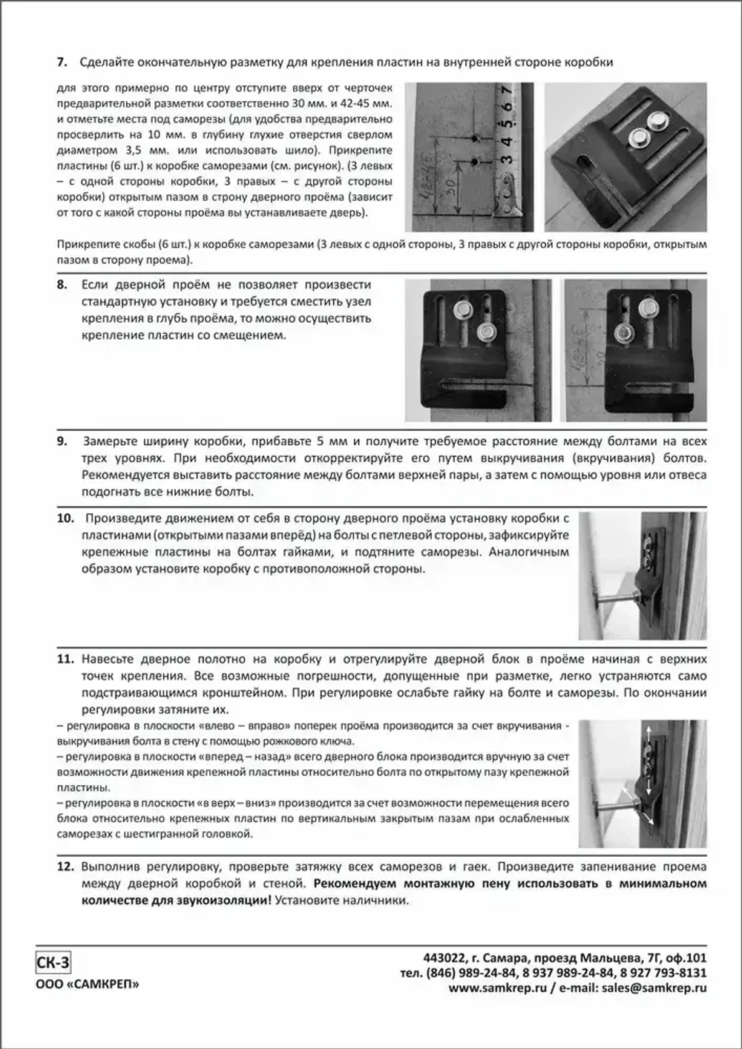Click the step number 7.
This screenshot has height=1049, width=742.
tap(62, 62)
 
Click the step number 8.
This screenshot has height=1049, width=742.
tap(62, 285)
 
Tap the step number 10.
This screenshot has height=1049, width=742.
tap(65, 518)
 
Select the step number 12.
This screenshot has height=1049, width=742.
tap(65, 867)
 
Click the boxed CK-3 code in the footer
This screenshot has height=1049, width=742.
tap(53, 964)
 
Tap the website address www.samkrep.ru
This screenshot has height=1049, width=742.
tap(497, 988)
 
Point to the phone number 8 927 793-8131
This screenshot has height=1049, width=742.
tap(663, 973)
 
